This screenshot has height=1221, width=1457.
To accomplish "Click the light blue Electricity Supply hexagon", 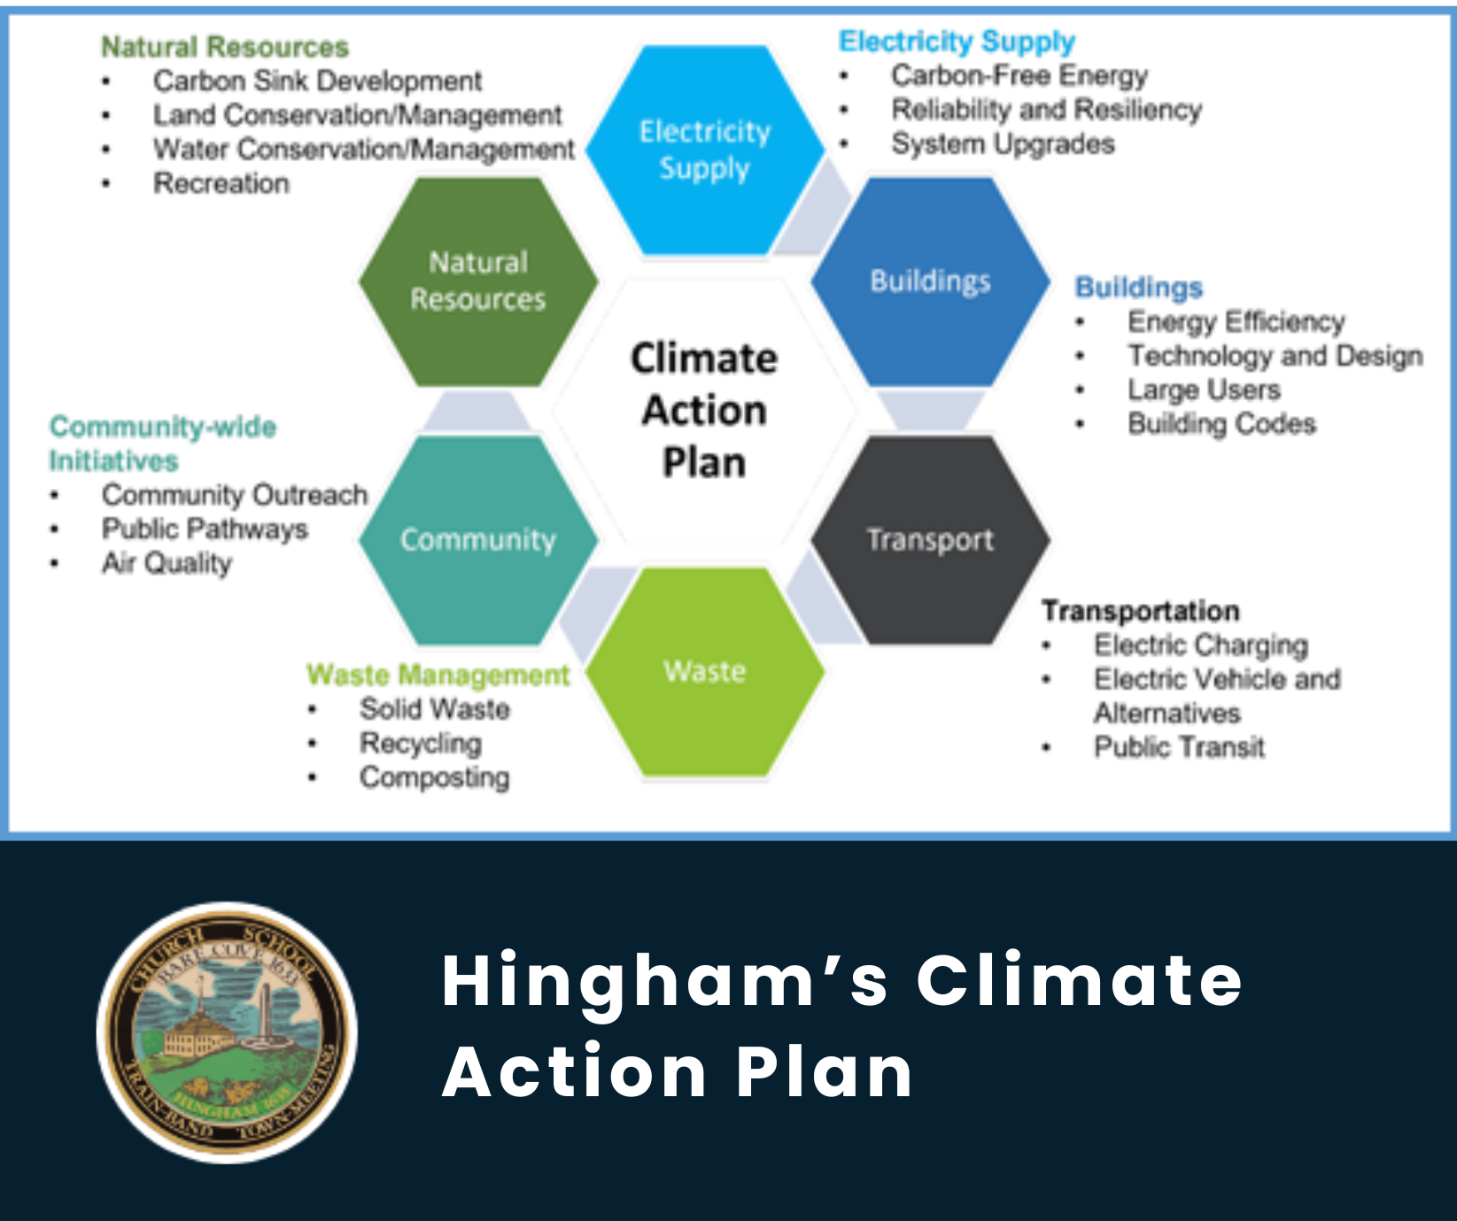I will tap(705, 150).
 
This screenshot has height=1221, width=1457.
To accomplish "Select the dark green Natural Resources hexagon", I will tap(478, 282).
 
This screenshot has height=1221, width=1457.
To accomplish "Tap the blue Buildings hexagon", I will tap(930, 282).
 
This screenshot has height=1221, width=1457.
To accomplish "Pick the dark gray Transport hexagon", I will tap(930, 539).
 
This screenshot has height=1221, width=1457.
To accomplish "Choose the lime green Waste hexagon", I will tap(705, 671).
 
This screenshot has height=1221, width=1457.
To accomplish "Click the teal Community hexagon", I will tap(478, 539).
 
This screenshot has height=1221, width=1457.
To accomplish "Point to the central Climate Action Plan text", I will tap(705, 410).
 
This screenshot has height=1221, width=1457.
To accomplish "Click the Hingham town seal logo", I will tap(227, 1032).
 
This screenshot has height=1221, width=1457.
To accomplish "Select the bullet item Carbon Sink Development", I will tap(317, 81).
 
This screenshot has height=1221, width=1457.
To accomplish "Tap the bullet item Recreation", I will tap(221, 183).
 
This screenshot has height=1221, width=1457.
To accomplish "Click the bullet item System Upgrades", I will tap(1003, 143).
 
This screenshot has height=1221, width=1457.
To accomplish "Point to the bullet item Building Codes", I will tap(1221, 424).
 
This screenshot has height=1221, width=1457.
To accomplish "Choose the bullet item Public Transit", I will tap(1179, 747).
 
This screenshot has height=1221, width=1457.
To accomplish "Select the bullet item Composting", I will tap(434, 777).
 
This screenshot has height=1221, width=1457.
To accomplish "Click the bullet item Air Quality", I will tap(167, 563).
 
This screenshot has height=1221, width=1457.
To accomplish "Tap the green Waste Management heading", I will tap(438, 675).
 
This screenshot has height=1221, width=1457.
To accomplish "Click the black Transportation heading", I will tap(1140, 611).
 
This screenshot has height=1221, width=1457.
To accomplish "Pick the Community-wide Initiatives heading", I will tap(162, 444).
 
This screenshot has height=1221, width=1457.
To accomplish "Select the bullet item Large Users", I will tap(1204, 390).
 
